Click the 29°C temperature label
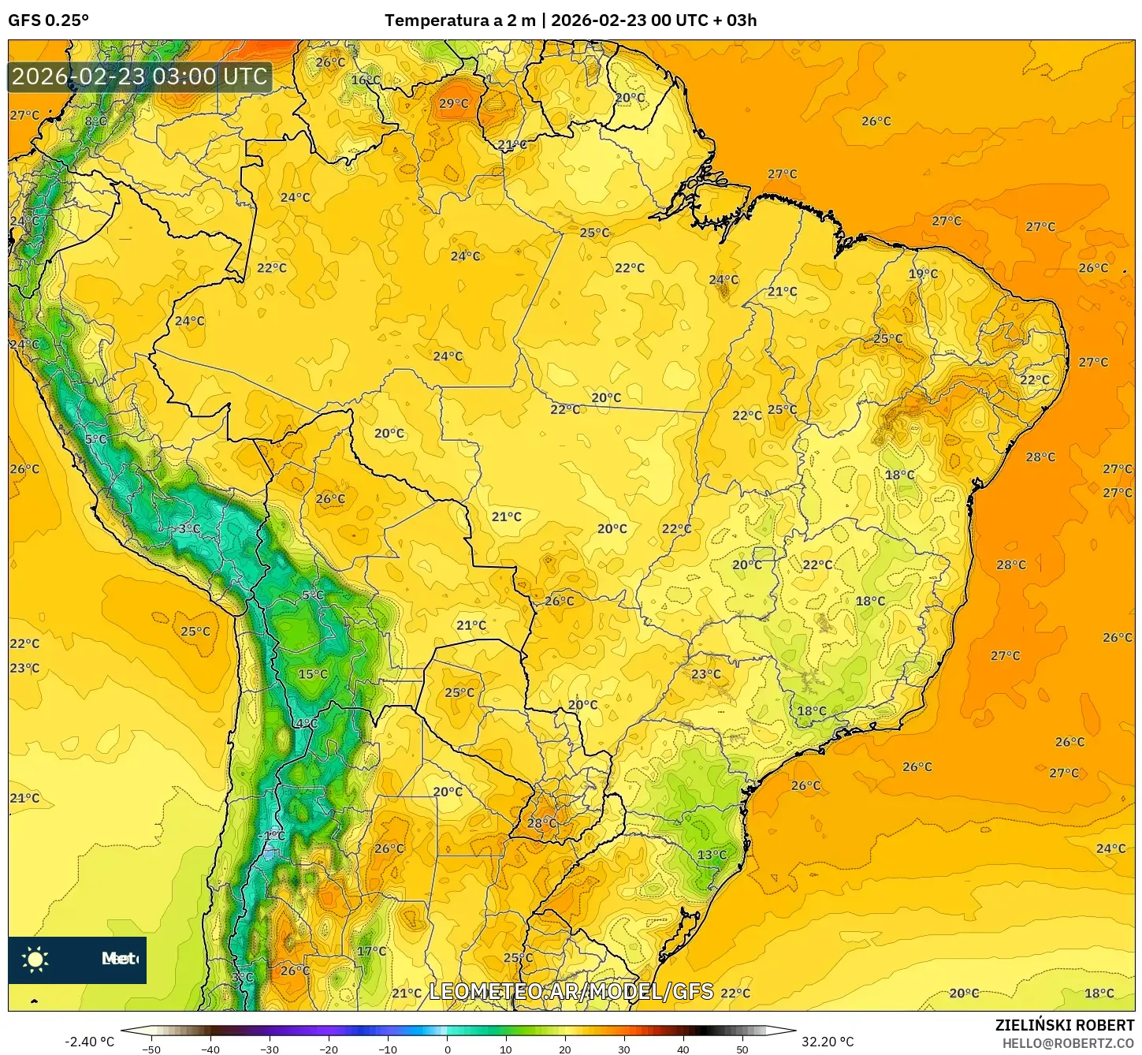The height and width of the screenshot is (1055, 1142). pyautogui.click(x=453, y=103)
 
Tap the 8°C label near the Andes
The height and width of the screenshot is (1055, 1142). pyautogui.click(x=95, y=121)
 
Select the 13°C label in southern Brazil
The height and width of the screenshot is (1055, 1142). pyautogui.click(x=711, y=855)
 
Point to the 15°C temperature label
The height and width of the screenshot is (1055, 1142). pyautogui.click(x=312, y=674)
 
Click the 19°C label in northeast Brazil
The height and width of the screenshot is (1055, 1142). pyautogui.click(x=923, y=274)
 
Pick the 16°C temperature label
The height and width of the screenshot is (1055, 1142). pyautogui.click(x=365, y=80)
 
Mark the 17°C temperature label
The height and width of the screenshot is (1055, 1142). pyautogui.click(x=371, y=951)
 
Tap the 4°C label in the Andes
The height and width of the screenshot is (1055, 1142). pyautogui.click(x=306, y=723)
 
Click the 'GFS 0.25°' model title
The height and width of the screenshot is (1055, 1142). pyautogui.click(x=48, y=21)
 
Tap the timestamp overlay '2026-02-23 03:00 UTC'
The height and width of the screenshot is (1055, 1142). pyautogui.click(x=139, y=76)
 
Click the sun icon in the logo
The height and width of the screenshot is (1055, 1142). pyautogui.click(x=35, y=959)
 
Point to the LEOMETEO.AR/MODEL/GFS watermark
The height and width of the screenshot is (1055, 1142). pyautogui.click(x=571, y=991)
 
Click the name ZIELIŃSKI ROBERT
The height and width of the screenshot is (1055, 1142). pyautogui.click(x=1064, y=1025)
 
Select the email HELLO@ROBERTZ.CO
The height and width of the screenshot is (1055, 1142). pyautogui.click(x=1068, y=1043)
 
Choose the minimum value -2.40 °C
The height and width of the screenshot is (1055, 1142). pyautogui.click(x=89, y=1042)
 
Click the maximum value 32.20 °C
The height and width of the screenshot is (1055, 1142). pyautogui.click(x=828, y=1042)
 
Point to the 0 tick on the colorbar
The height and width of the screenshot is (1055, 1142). pyautogui.click(x=447, y=1049)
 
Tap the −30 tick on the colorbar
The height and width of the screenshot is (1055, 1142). pyautogui.click(x=270, y=1049)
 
